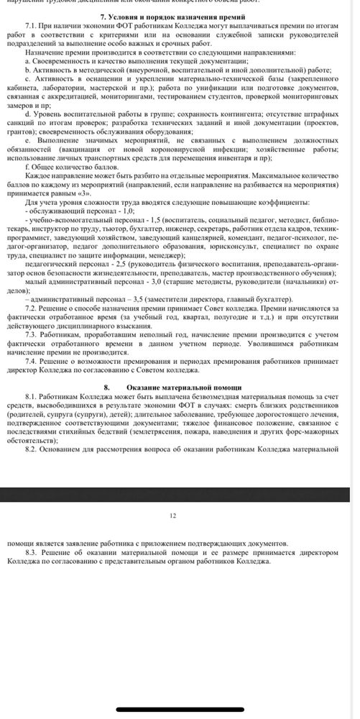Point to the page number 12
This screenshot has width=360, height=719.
pos(172,516)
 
